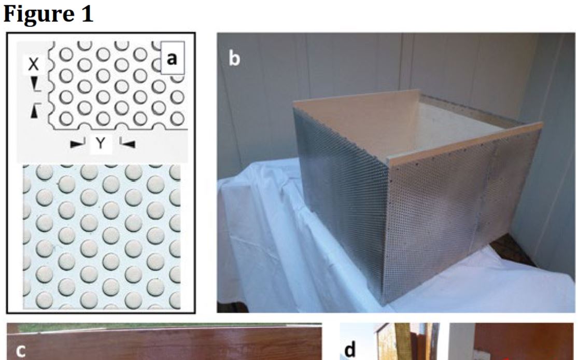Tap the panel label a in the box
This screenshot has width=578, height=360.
(172, 58)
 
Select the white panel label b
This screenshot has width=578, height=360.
(234, 58)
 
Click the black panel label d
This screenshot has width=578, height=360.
(350, 349)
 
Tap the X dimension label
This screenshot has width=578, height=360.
(33, 64)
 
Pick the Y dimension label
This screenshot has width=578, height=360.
(101, 143)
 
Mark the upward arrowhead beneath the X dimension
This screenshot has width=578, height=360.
(34, 110)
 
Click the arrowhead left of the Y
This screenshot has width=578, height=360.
(77, 144)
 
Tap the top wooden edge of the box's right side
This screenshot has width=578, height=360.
(465, 142)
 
